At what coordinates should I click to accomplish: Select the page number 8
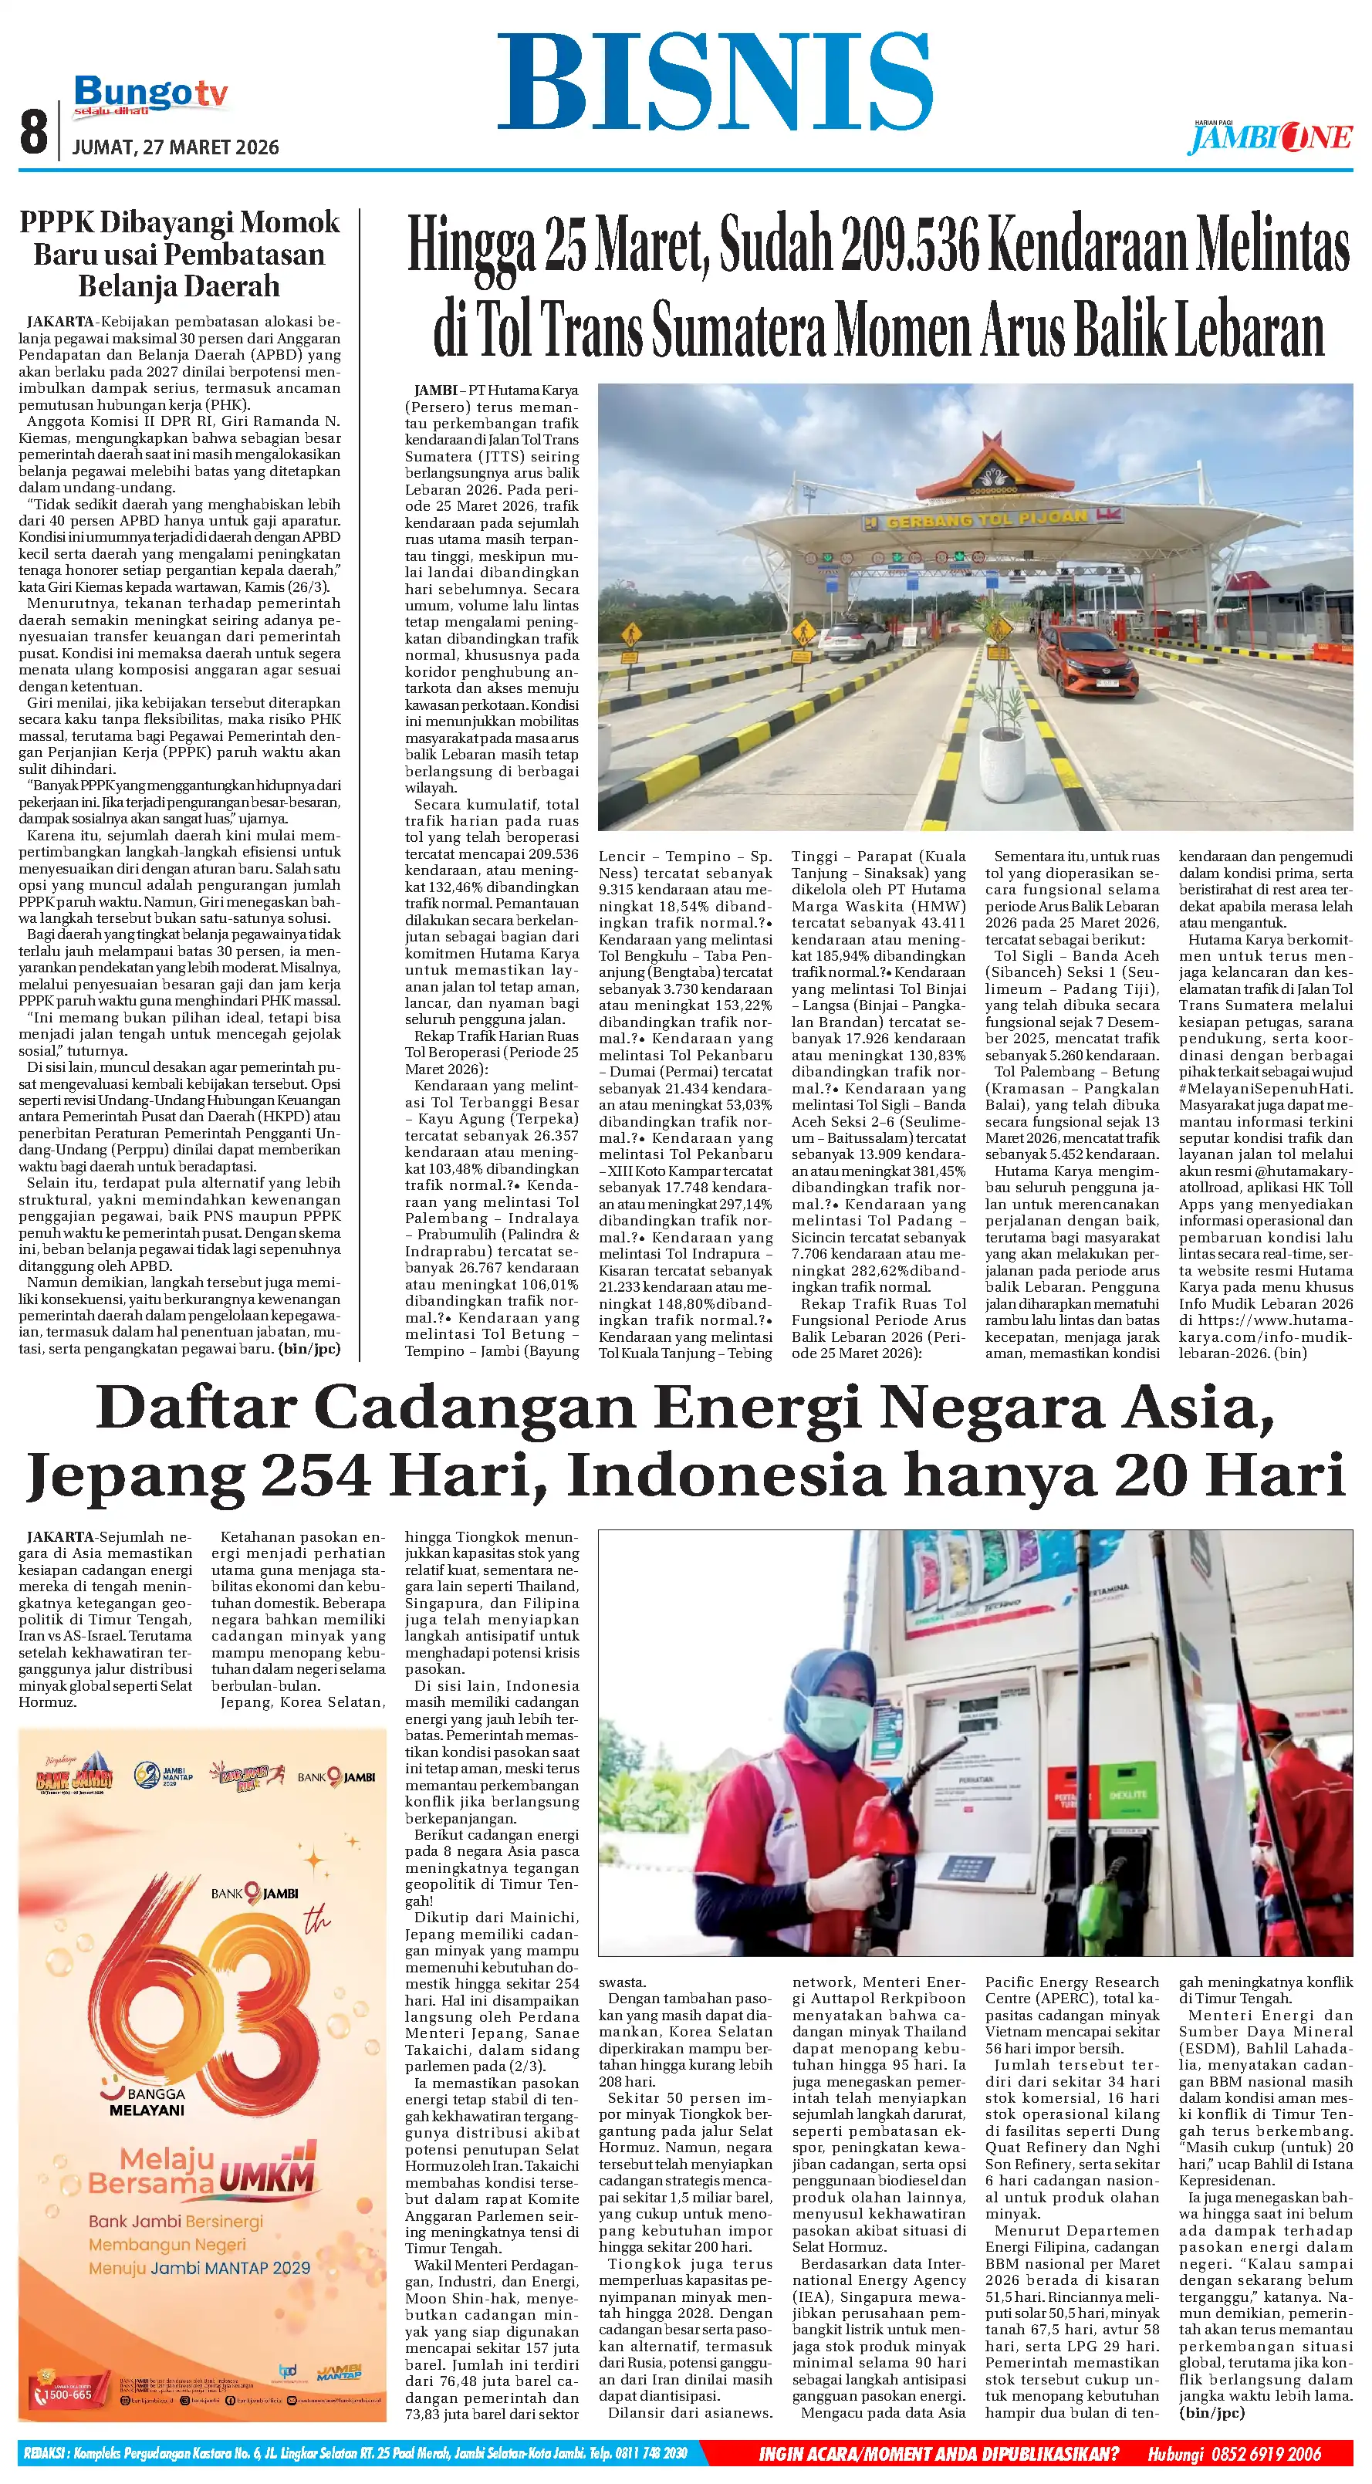pos(34,132)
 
